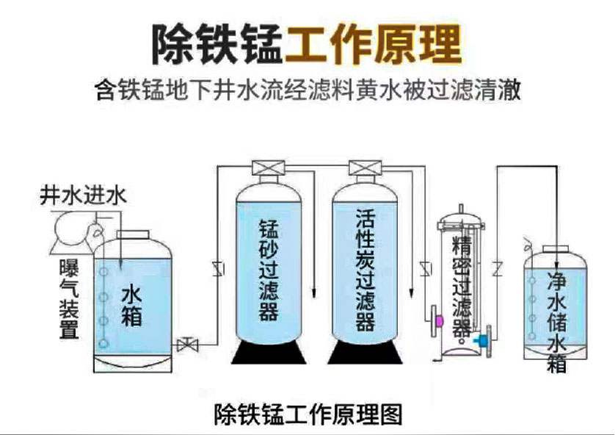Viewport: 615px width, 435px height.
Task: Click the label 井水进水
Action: click(x=83, y=196)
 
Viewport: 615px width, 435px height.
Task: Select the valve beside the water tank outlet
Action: click(x=188, y=343)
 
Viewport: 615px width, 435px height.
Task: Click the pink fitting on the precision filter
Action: click(x=439, y=320)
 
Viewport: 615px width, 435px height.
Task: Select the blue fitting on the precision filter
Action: click(x=483, y=340)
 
